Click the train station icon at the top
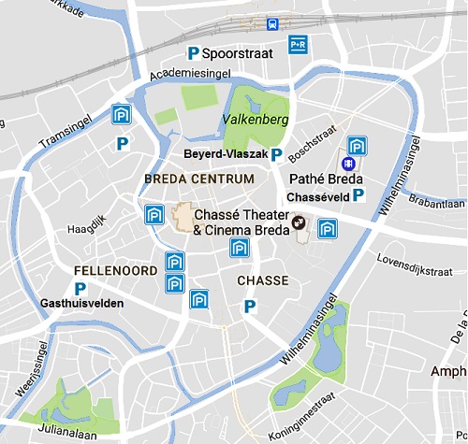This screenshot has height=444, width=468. coord(272,24)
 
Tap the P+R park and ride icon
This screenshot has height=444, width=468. coord(299,43)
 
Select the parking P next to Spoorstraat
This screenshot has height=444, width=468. coord(194,54)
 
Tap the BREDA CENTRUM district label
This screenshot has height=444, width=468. coord(199,178)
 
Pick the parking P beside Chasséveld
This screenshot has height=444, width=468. coord(358,196)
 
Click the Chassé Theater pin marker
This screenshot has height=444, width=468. coord(299,222)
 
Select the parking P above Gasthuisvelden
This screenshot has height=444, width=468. coord(80,289)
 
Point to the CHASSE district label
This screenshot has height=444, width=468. coord(262,280)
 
